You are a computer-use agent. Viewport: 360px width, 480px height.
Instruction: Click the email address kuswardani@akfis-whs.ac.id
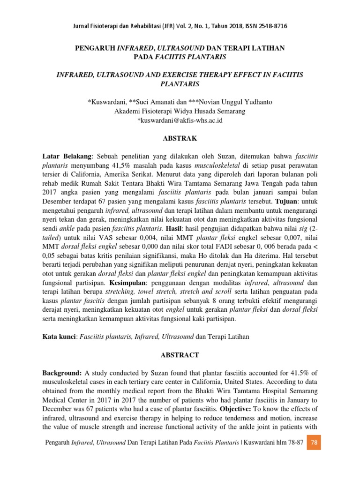(180, 120)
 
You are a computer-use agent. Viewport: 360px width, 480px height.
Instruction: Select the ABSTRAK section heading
(180, 139)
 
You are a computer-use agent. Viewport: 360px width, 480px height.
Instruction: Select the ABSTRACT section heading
(180, 355)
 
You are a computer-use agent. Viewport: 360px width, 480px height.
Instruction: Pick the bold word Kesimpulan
(129, 284)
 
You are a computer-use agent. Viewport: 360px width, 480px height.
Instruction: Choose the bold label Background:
(62, 373)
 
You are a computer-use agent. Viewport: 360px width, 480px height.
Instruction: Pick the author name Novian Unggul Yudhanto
(234, 102)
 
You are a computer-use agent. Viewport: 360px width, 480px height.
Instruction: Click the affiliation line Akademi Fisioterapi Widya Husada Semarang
(180, 111)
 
